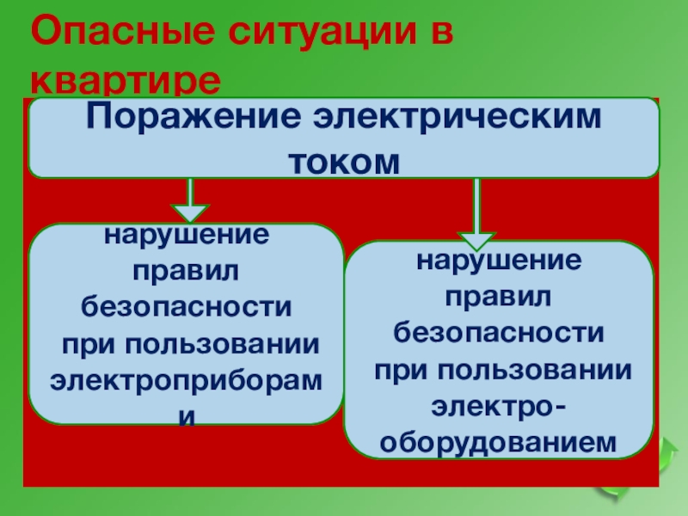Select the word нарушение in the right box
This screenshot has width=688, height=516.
499,260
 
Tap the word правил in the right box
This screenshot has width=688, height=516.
499,296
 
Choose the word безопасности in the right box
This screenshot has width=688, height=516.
499,332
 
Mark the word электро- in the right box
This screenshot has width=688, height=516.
499,405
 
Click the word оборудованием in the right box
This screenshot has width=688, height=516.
499,441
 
